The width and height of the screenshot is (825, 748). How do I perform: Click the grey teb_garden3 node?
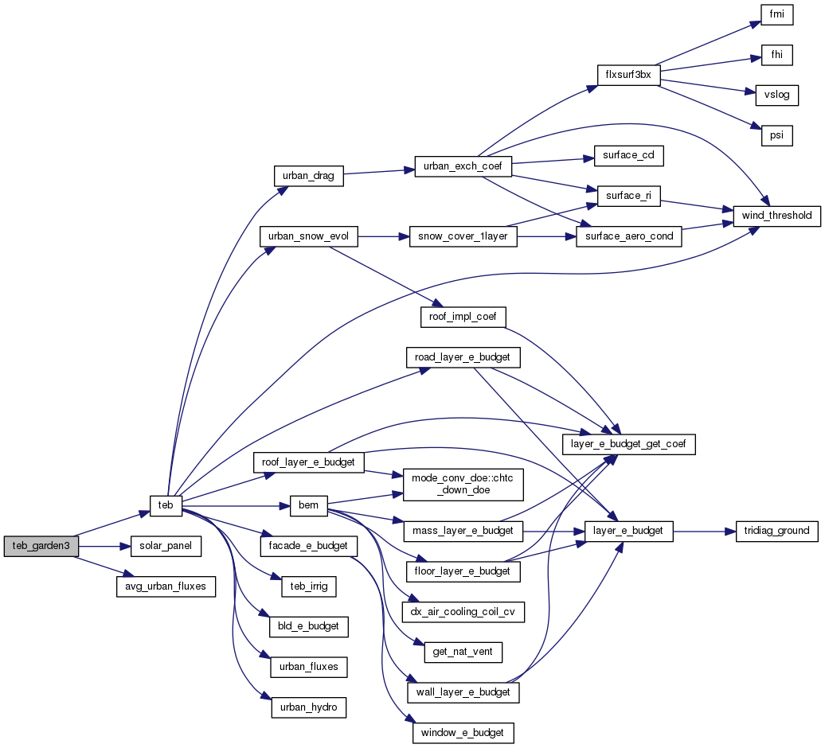tap(41, 546)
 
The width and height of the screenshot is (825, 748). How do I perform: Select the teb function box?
tap(166, 505)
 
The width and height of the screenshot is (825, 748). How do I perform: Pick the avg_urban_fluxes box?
tap(166, 586)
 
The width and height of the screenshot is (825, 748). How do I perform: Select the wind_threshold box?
tap(772, 215)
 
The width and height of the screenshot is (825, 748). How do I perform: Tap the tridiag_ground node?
tap(772, 530)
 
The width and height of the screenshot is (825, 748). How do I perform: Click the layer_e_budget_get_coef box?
tap(629, 444)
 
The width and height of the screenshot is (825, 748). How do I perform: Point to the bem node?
tap(308, 505)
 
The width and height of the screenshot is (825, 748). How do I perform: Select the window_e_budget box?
tap(463, 732)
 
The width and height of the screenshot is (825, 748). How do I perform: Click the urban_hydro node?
tap(308, 707)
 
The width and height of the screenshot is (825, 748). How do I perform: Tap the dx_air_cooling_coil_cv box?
tap(463, 612)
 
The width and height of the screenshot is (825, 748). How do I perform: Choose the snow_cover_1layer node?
tap(463, 236)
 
